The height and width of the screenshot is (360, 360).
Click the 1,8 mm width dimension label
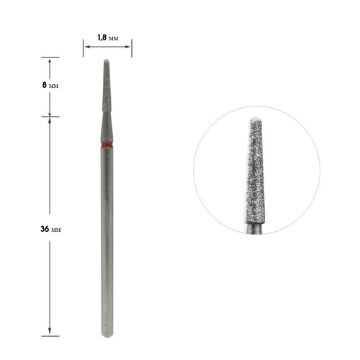click(x=108, y=37)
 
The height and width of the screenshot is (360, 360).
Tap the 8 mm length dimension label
click(x=50, y=85)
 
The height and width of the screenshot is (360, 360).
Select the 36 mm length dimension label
click(x=50, y=229)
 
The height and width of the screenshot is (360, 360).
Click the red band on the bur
click(x=107, y=145)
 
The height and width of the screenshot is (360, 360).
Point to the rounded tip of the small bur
click(x=107, y=60)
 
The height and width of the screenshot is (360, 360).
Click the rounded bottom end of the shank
click(x=107, y=335)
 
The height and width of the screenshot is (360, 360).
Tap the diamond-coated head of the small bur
click(x=107, y=86)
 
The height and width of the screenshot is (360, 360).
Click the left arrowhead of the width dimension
click(x=87, y=47)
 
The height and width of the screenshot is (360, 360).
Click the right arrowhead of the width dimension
click(x=127, y=47)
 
